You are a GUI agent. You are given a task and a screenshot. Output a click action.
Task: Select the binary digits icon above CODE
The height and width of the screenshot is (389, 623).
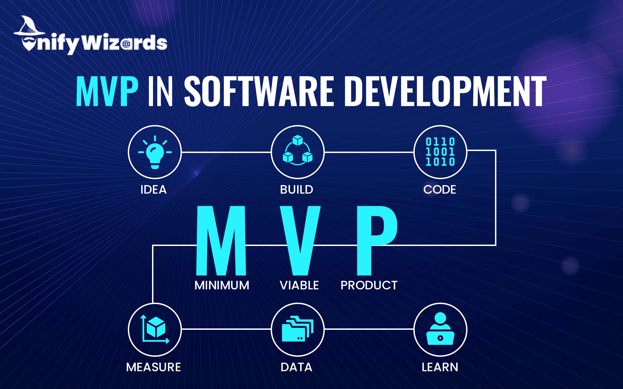point(440,152)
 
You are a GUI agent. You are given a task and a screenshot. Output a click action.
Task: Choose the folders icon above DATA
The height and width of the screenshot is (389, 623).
point(298,329)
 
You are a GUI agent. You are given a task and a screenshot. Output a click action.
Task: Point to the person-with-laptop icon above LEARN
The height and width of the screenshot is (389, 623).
point(440,329)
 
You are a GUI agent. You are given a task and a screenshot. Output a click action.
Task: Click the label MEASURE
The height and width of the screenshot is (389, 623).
point(154,367)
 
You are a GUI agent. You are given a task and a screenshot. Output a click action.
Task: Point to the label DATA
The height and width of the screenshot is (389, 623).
point(296,367)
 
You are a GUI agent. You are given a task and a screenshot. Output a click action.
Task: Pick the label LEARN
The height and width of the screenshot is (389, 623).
point(440,367)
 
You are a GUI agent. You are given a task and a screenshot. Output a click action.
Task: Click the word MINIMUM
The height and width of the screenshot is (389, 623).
point(222,285)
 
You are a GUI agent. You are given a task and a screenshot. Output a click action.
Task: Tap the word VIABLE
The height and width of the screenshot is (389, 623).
point(299,285)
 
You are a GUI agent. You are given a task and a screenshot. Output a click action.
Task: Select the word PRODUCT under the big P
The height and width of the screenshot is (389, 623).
point(369,285)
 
